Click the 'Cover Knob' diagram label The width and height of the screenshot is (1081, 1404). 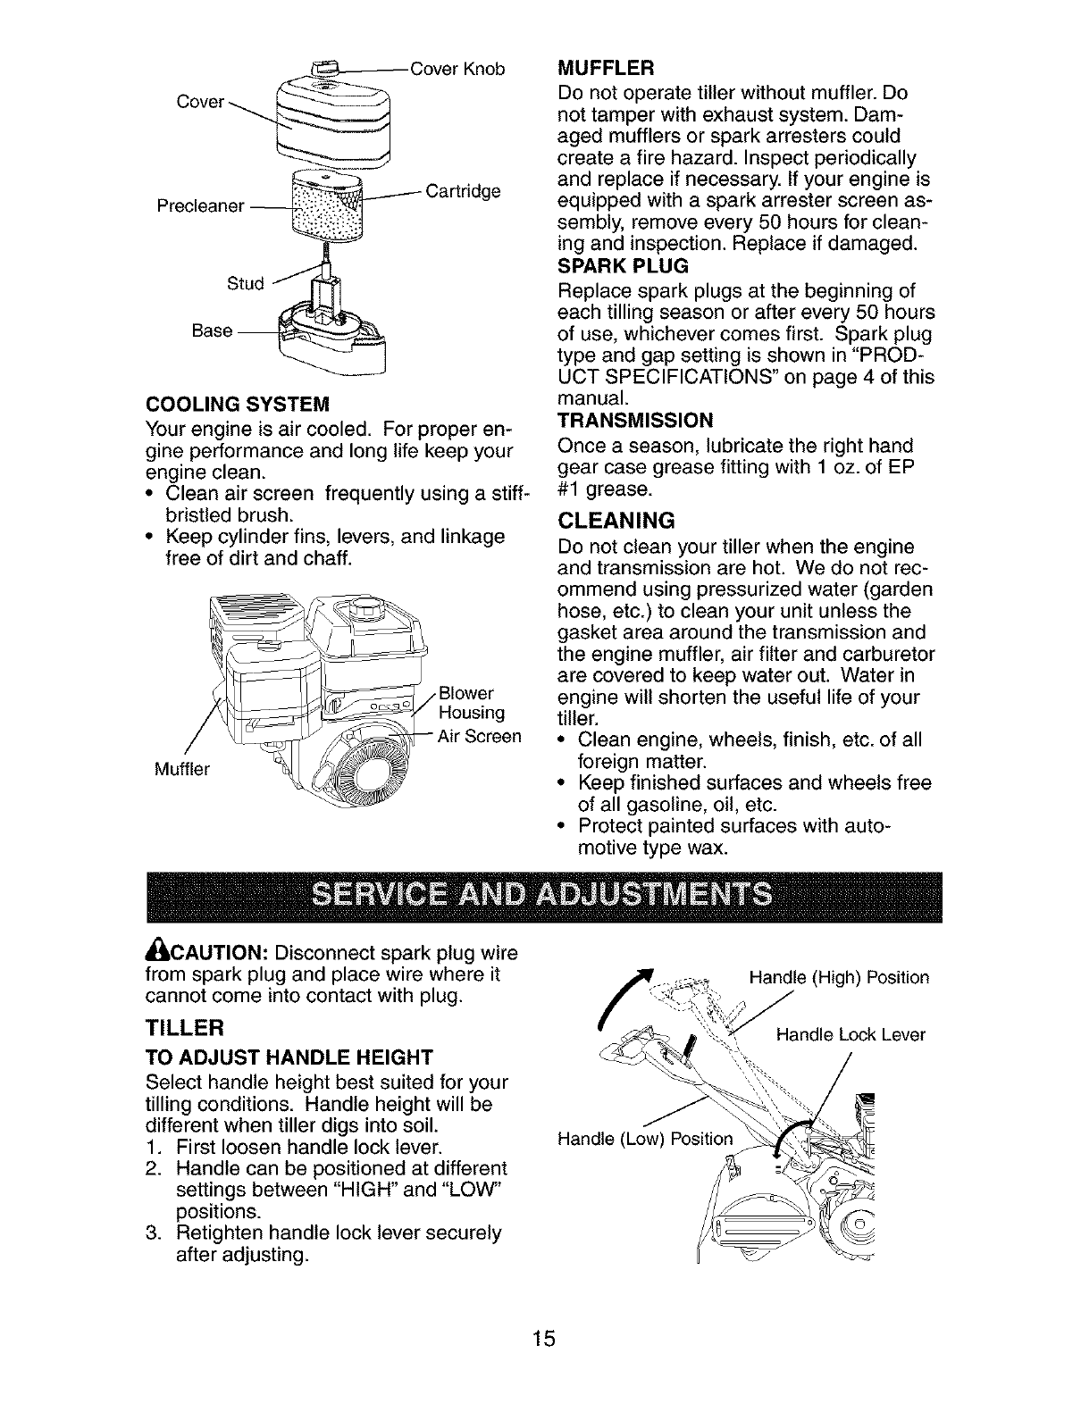click(x=457, y=69)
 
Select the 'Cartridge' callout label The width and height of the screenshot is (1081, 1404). click(x=463, y=192)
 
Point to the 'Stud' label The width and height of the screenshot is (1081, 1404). click(x=246, y=284)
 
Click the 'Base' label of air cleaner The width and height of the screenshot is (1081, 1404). click(x=213, y=330)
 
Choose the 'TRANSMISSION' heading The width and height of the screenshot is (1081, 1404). click(x=635, y=421)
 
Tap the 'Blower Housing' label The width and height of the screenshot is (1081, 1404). click(x=473, y=703)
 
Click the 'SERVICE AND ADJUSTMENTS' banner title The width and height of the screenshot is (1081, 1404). click(x=542, y=896)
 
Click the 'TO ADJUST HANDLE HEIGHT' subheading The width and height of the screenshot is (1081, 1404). click(x=282, y=1057)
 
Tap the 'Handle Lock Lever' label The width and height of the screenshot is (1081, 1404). click(x=851, y=1035)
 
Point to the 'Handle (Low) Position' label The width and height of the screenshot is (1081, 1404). click(x=643, y=1139)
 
